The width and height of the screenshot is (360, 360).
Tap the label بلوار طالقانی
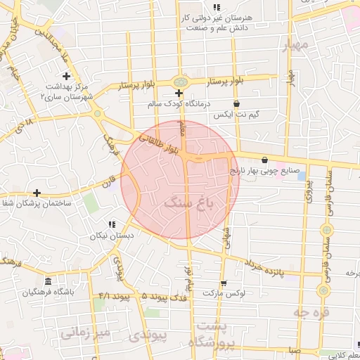click(x=160, y=141)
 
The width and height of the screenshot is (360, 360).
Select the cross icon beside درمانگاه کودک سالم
click(x=179, y=93)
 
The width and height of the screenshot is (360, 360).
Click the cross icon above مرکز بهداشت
click(x=67, y=76)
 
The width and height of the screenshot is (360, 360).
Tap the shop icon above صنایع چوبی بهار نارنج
click(x=264, y=160)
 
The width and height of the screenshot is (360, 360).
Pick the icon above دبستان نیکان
click(x=111, y=224)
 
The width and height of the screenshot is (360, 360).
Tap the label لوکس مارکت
click(x=223, y=293)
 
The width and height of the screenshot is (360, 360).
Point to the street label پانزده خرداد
click(x=264, y=267)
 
